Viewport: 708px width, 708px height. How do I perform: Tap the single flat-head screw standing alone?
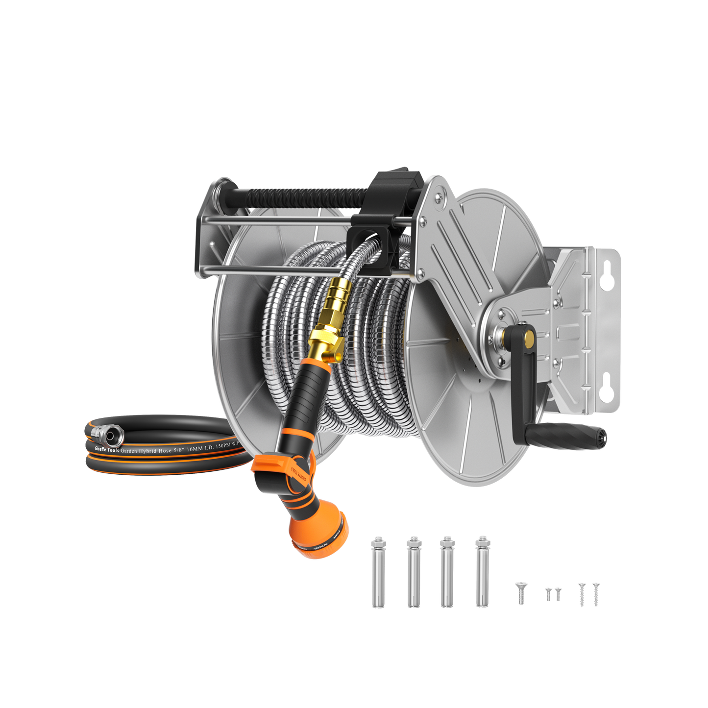click(x=520, y=593)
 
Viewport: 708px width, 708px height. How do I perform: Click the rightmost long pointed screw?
click(x=596, y=593)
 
